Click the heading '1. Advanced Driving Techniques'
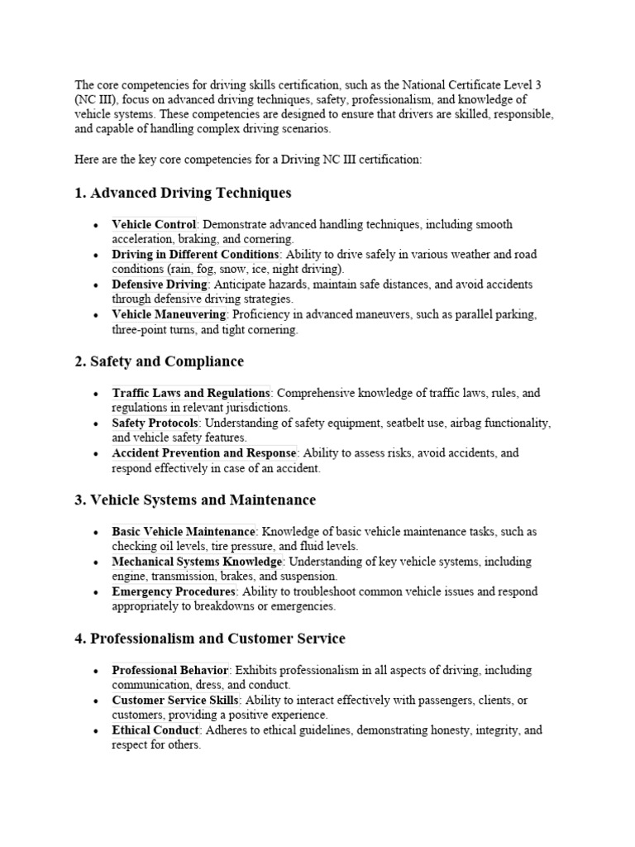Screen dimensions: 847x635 pos(183,193)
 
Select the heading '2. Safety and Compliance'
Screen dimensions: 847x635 pos(159,361)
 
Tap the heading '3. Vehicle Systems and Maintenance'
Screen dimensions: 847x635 pos(195,500)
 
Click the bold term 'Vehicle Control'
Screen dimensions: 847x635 pos(154,224)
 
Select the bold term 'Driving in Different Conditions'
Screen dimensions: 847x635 pos(195,254)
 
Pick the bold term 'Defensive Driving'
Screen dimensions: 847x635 pos(160,284)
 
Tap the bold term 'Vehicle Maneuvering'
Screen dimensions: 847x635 pos(169,314)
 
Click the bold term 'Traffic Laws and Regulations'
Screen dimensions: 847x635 pos(191,393)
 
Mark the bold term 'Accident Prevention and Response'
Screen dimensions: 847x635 pos(204,452)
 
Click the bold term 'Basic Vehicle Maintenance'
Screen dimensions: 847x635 pos(184,531)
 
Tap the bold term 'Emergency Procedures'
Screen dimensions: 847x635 pos(174,591)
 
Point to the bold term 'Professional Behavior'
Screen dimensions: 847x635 pos(170,670)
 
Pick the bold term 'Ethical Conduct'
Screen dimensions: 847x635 pos(155,730)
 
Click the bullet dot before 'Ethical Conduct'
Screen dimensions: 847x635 pos(96,731)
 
